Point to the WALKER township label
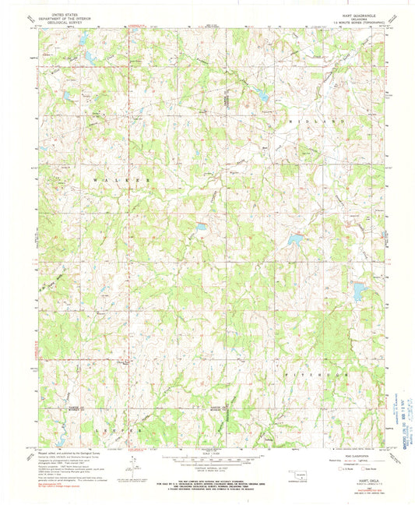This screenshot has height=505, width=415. tap(120, 179)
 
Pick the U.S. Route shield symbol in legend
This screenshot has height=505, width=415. tap(331, 469)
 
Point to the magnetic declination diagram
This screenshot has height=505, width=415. tap(132, 468)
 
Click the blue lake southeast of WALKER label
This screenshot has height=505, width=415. tap(201, 228)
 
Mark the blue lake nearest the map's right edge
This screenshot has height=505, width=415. tap(357, 292)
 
